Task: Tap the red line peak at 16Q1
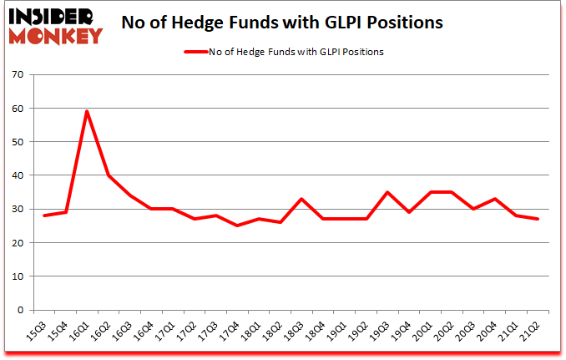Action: pyautogui.click(x=86, y=111)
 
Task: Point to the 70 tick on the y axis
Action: pyautogui.click(x=17, y=75)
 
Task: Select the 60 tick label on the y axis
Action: pyautogui.click(x=17, y=109)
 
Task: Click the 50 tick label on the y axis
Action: pyautogui.click(x=17, y=142)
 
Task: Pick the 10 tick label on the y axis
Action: pyautogui.click(x=17, y=276)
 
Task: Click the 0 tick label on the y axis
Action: pyautogui.click(x=19, y=310)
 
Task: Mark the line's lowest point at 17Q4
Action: pyautogui.click(x=238, y=226)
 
